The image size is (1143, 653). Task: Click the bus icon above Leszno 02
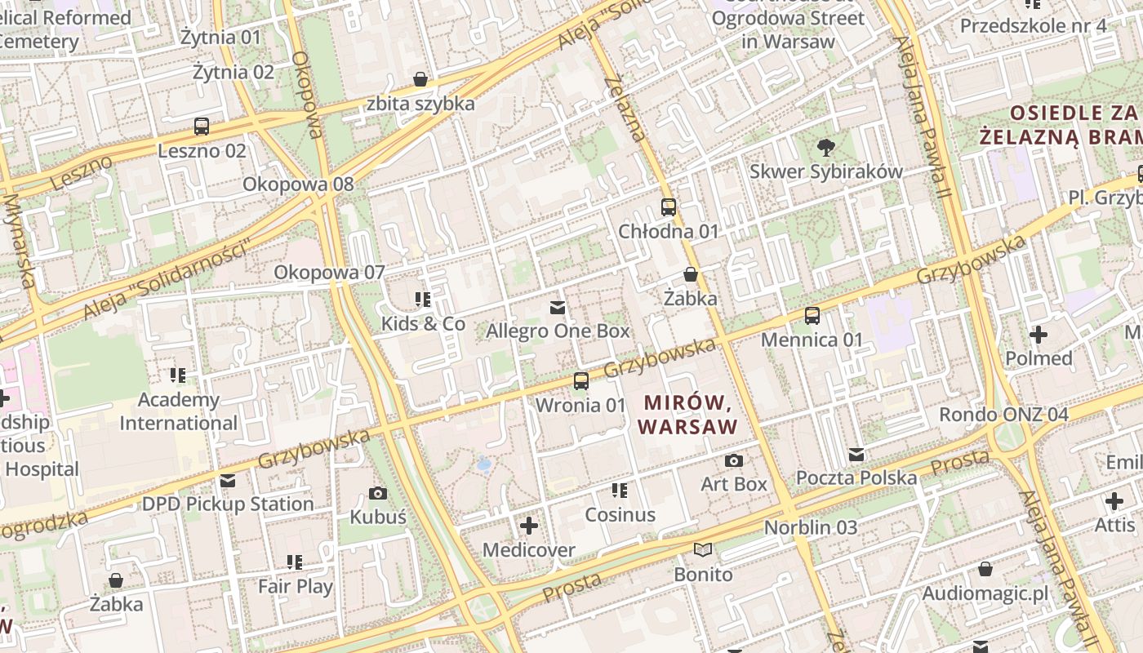[x=202, y=127]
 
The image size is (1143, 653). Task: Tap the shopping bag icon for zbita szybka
[x=420, y=79]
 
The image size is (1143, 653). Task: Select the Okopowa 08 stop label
[x=298, y=184]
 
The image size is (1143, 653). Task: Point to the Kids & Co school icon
[x=423, y=300]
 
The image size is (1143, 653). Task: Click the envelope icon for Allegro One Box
[x=558, y=307]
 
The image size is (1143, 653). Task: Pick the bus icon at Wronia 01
[x=580, y=381]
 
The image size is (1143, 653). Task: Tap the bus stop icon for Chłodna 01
[x=669, y=207]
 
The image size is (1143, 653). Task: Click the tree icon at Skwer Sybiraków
[x=825, y=148]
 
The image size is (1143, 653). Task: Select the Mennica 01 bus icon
[x=812, y=316]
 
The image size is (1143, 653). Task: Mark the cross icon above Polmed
[x=1038, y=335]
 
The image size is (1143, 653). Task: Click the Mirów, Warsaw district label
[x=687, y=415]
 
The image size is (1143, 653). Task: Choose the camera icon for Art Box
[x=734, y=460]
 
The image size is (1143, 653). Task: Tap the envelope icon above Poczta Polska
[x=856, y=454]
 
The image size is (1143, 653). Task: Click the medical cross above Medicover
[x=529, y=526]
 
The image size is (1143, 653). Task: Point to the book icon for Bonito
[x=703, y=550]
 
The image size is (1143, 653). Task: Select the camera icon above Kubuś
[x=378, y=493]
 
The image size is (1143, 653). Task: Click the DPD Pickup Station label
[x=228, y=504]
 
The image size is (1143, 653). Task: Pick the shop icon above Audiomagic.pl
[x=985, y=569]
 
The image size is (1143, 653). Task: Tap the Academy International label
[x=178, y=411]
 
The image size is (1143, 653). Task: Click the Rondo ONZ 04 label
[x=1003, y=414]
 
